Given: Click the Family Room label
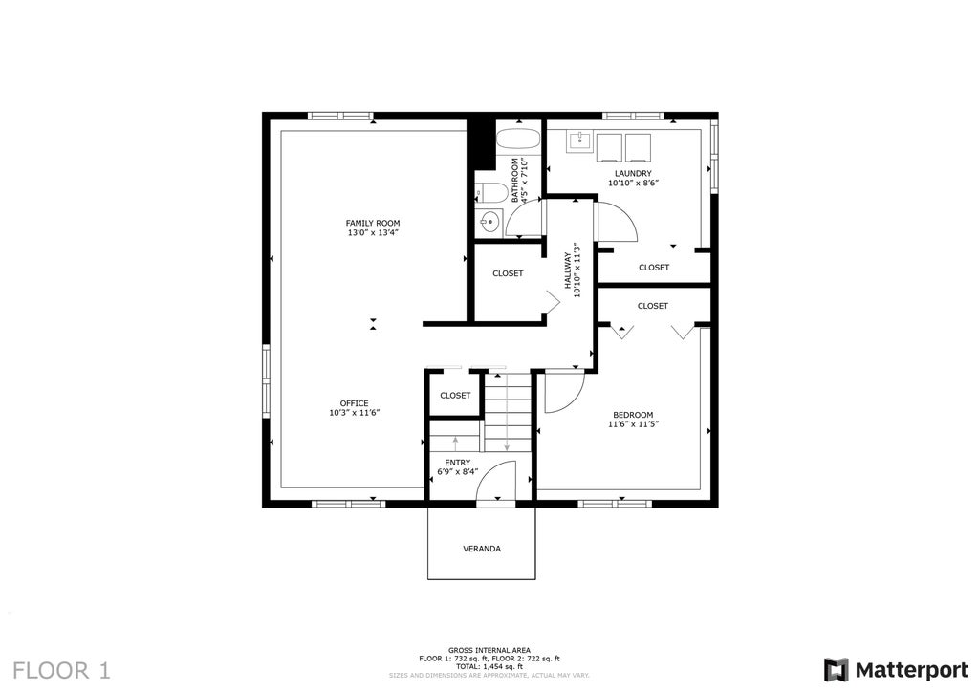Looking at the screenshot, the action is (373, 223).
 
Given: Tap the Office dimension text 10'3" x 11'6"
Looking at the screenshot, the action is (355, 413).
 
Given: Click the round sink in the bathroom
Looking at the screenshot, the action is (489, 221).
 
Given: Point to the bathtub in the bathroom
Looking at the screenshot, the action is (518, 140).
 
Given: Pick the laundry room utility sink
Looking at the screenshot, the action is (580, 141).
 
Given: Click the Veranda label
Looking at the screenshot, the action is (482, 549).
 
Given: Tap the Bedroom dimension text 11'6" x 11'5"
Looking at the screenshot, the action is (633, 424).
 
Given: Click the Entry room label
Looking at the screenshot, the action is (458, 463).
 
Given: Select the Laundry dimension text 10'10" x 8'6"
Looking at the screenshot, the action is (633, 184).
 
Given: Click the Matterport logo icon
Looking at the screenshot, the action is (836, 670).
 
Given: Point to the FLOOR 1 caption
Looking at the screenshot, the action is (61, 671).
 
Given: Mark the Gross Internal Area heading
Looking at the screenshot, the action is (489, 650).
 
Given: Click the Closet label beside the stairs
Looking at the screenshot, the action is (455, 396).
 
